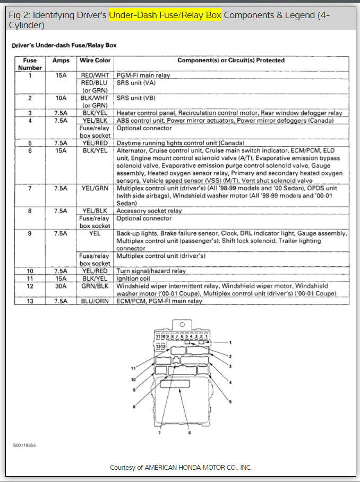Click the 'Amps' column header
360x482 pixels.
61,61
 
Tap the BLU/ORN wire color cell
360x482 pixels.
95,301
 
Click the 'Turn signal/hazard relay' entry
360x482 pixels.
151,271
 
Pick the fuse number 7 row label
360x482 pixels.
30,189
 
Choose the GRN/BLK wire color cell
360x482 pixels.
95,286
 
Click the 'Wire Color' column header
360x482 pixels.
95,61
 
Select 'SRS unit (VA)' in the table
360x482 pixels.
136,83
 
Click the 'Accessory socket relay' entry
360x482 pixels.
149,211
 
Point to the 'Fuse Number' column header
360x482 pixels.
30,64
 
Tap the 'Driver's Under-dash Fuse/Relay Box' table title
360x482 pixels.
64,46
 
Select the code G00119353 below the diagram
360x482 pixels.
24,444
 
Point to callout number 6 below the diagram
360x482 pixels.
190,433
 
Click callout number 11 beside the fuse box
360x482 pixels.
134,368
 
